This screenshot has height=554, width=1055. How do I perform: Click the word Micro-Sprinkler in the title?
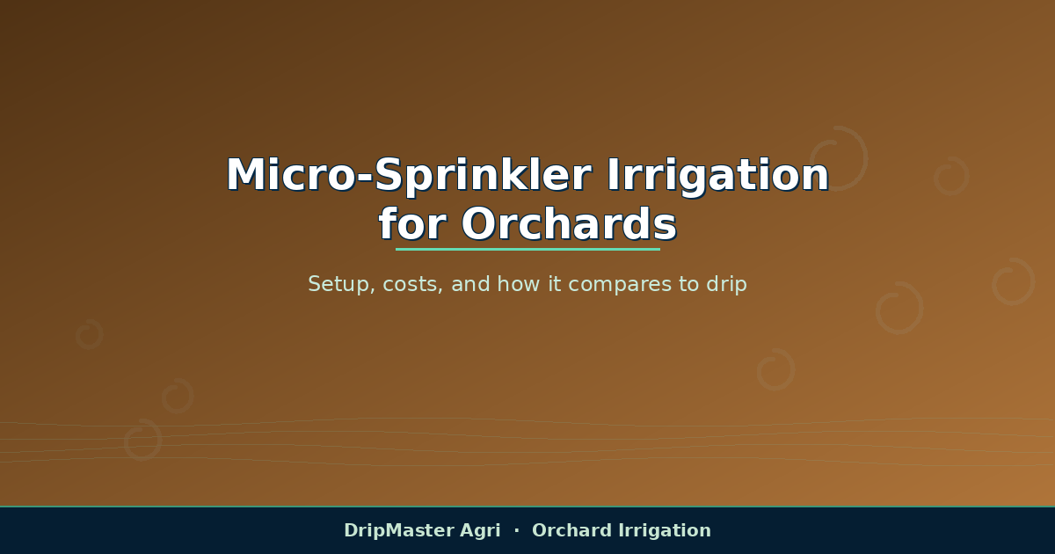[409, 176]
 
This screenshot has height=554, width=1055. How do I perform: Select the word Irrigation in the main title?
[717, 176]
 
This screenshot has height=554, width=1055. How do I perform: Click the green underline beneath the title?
[527, 249]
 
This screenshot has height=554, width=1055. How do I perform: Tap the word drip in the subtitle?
[727, 284]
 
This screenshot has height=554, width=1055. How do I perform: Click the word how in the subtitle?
[519, 284]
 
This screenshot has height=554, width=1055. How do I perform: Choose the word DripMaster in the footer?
[398, 530]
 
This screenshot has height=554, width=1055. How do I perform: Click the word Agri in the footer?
[480, 531]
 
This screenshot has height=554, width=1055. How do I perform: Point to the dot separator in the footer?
[517, 530]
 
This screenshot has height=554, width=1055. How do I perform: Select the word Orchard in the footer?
[571, 530]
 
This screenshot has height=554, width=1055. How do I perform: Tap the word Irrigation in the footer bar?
[665, 530]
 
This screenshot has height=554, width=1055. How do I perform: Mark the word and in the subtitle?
[470, 284]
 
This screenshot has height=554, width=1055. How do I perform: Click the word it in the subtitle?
[555, 284]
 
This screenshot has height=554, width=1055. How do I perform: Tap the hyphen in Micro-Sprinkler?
[366, 178]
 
